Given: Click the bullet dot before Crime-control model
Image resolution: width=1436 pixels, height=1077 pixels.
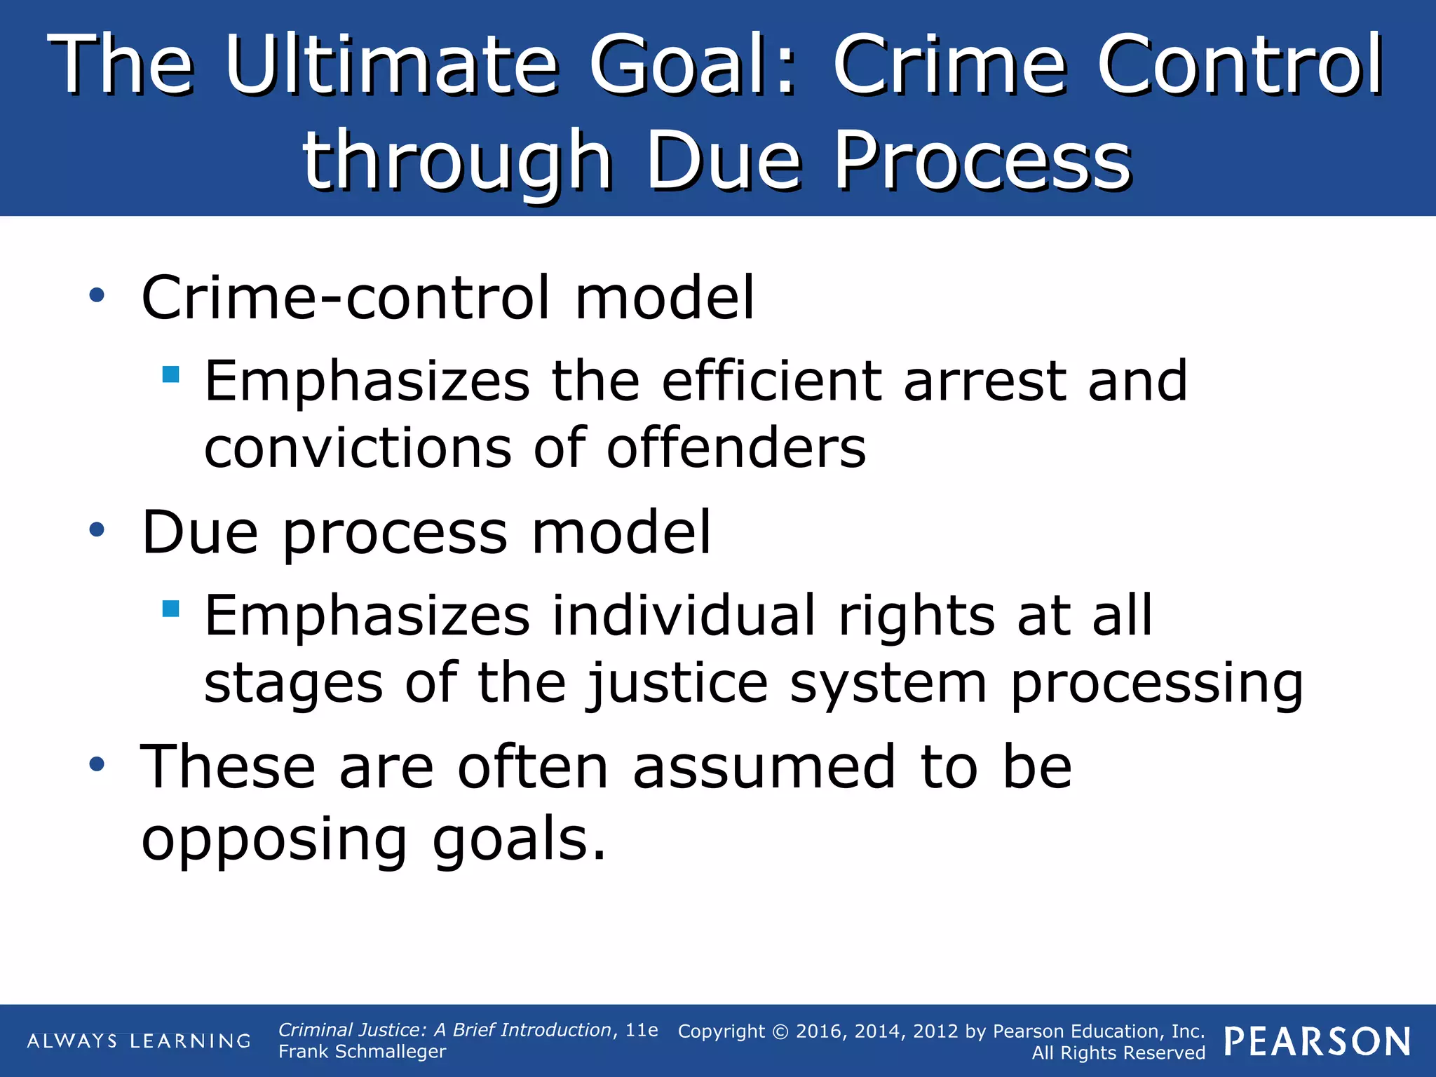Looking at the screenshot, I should coord(97,296).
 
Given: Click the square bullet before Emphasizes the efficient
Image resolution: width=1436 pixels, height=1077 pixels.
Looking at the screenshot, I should coord(170,374).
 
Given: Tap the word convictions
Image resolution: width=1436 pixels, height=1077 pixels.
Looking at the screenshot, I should coord(358,448).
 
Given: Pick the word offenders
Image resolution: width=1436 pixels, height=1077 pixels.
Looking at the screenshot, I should coord(736,448).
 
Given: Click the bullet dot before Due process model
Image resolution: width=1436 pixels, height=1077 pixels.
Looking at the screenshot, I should coord(97,531).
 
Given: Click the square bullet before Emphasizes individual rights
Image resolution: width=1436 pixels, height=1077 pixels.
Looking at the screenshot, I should coord(170,608).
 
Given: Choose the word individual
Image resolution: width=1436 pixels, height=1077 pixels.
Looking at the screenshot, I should coord(684,615).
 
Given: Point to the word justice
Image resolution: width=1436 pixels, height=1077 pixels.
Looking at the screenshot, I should coord(677,684).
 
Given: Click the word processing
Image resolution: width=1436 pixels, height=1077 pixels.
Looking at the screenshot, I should coord(1157,684).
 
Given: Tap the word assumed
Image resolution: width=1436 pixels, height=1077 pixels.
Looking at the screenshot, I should coord(764,767).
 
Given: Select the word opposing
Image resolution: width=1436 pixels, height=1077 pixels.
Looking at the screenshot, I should coord(274,840).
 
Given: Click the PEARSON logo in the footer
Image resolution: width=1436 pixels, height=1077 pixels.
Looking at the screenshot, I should coord(1318,1042).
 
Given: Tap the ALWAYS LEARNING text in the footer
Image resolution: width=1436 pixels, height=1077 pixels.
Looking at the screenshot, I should coord(139,1041).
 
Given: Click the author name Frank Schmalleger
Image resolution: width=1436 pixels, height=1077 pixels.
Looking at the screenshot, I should coord(362,1052).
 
